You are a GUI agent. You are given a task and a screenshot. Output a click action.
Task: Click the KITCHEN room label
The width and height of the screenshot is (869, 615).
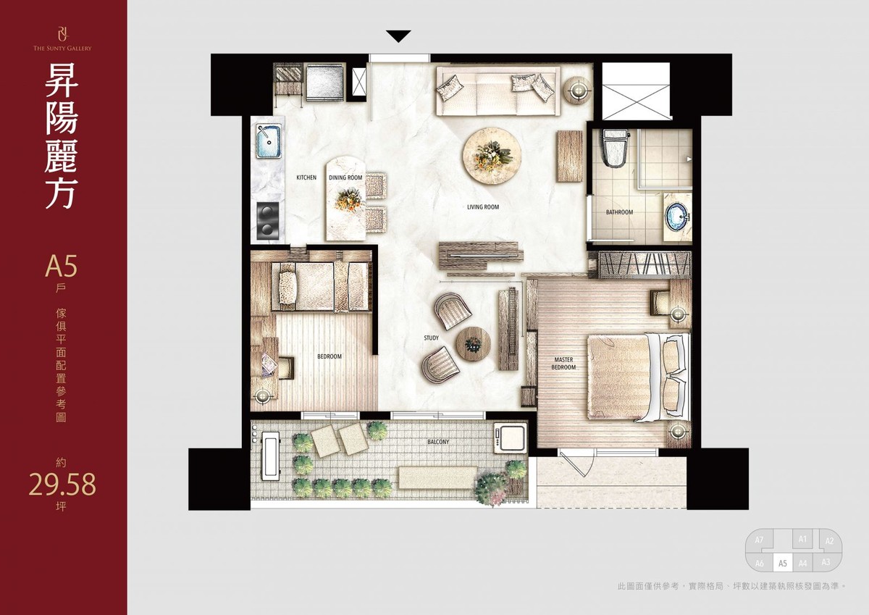[x=306, y=177]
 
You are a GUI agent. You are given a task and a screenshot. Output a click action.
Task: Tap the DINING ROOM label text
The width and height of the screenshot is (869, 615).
[x=345, y=177]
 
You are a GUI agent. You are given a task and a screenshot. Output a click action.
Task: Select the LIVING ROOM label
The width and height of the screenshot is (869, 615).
[x=483, y=206]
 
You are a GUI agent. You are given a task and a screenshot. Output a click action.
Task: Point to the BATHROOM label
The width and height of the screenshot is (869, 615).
[x=620, y=212]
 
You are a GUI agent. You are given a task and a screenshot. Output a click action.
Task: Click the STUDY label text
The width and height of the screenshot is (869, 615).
[x=432, y=338]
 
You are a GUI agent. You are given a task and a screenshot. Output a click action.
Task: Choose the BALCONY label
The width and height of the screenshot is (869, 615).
[x=438, y=442]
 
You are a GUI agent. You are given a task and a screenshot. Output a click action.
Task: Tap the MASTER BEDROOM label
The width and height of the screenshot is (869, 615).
[x=563, y=363]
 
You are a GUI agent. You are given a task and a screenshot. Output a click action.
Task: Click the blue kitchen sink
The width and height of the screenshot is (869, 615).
[x=269, y=141]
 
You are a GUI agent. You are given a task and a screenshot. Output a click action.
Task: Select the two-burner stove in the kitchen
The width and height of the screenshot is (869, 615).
[x=268, y=222]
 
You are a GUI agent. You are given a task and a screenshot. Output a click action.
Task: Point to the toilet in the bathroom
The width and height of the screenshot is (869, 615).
[x=615, y=148]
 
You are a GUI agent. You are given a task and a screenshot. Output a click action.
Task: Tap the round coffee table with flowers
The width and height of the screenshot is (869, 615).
[x=492, y=156]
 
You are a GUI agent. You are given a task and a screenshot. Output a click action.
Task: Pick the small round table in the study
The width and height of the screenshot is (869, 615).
[x=474, y=344]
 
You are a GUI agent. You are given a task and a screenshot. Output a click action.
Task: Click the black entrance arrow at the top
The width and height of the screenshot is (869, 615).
[x=398, y=36]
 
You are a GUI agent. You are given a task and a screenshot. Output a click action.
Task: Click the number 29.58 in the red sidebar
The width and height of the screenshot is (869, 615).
[x=62, y=485]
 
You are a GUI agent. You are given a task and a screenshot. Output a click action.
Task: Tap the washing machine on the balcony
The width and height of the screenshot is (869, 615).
[x=511, y=438]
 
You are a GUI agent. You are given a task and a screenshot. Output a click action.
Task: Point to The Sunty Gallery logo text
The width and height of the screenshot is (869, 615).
[x=62, y=48]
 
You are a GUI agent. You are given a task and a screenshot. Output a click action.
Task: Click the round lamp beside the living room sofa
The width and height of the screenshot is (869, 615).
[x=578, y=91]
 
